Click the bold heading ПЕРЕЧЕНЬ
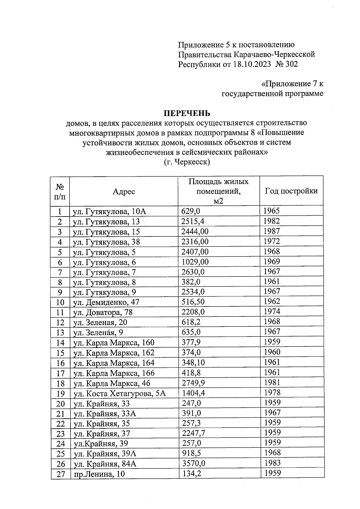[186, 113]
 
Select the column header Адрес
[124, 191]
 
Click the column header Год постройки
[291, 191]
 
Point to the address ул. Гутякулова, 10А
[109, 211]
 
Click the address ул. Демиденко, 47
[106, 302]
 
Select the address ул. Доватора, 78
[103, 312]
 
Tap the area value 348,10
[193, 363]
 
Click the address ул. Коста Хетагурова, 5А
[120, 393]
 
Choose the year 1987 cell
[271, 231]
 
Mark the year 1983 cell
[272, 463]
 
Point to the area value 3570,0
[194, 463]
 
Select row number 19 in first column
[60, 393]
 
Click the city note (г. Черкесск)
[187, 162]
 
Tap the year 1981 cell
[272, 382]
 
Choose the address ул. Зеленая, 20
[100, 322]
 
